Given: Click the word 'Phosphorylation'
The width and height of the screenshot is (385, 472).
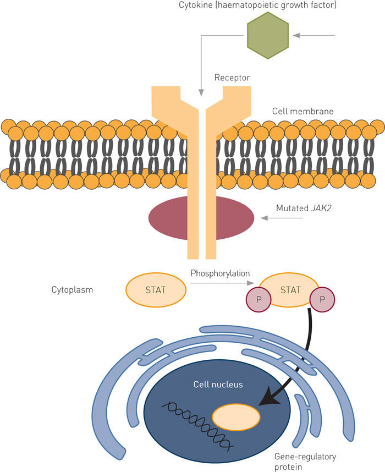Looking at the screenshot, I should pos(220,273).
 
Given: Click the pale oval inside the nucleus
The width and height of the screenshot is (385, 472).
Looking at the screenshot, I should pos(236,418).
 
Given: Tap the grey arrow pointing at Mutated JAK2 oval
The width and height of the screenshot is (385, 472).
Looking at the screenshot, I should pos(284,218).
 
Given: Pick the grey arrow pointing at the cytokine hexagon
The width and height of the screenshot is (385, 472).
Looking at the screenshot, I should pos(314,36).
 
